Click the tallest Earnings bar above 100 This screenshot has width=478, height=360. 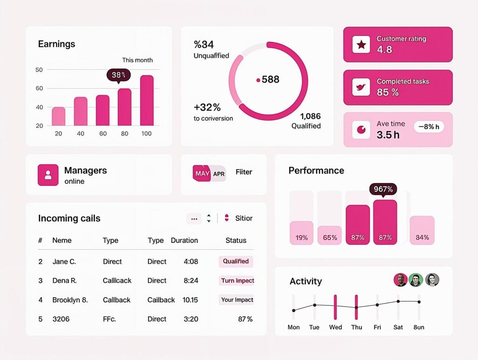147,100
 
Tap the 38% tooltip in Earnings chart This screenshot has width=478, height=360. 119,75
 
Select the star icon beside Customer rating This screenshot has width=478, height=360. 361,44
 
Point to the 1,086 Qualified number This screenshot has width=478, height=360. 310,116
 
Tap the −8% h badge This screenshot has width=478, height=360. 429,127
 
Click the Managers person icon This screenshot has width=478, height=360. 48,175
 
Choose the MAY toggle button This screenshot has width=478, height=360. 202,173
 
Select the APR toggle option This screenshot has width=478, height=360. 219,174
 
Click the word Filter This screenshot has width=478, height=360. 244,172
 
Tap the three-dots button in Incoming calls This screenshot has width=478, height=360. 194,219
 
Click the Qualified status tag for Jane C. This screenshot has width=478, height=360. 236,261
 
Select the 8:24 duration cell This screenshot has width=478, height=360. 190,281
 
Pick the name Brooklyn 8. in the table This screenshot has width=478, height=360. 70,300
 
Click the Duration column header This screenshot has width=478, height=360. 184,240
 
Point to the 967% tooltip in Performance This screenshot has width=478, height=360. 383,189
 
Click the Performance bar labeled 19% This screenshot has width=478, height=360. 302,233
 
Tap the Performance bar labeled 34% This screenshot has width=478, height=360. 422,231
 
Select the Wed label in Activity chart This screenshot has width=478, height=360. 335,327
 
